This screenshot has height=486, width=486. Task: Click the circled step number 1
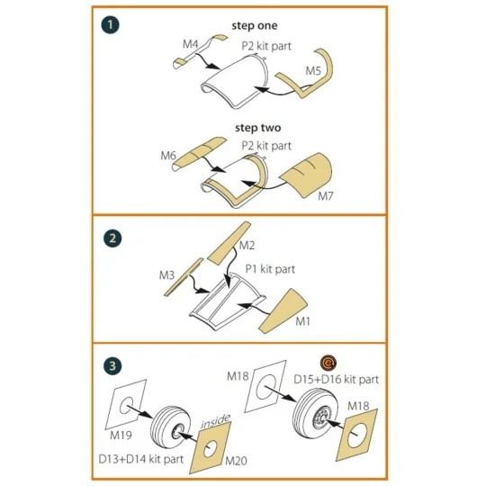point(110,25)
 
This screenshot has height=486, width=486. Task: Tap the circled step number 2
point(112,238)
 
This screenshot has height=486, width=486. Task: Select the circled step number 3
point(112,365)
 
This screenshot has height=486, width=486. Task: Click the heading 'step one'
point(255,26)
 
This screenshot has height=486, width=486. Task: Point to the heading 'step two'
point(258,128)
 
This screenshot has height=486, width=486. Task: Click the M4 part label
point(190,44)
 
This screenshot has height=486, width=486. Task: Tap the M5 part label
point(313,71)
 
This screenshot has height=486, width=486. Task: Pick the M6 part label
point(168,156)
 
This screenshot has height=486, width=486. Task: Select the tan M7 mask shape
point(307,174)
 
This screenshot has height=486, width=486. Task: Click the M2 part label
point(247,245)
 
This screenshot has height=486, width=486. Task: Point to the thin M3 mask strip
point(184,277)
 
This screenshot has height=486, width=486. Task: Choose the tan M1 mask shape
point(282,310)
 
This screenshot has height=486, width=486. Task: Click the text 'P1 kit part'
point(270,269)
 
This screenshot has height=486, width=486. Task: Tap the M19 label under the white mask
point(121,436)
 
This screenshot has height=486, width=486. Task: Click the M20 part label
point(236,461)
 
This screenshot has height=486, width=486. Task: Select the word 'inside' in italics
point(216,421)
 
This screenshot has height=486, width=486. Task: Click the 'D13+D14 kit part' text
point(141,459)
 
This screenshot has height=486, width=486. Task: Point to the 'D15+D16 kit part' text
point(337,380)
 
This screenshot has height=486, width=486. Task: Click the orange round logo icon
point(328,363)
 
